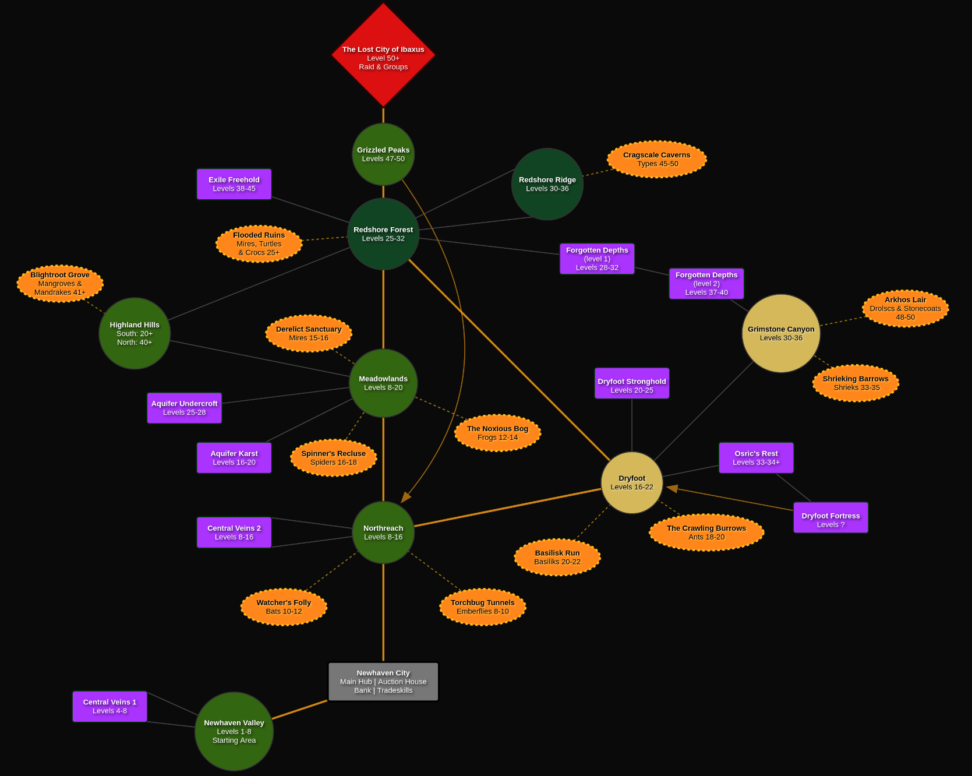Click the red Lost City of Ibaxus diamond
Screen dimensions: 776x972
pos(383,55)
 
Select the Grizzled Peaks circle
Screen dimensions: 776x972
pos(383,154)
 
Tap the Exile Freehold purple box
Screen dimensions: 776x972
pos(234,184)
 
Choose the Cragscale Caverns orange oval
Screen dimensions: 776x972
pos(656,159)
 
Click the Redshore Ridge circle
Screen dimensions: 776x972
pos(547,184)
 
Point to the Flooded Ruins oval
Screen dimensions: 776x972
pos(259,244)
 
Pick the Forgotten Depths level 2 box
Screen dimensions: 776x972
pos(706,284)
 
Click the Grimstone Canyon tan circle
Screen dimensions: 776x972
pos(781,333)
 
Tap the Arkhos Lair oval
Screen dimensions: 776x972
pos(905,308)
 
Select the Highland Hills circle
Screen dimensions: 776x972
pos(135,333)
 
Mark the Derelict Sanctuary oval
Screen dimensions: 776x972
pos(309,333)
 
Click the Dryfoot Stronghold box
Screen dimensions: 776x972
pos(632,383)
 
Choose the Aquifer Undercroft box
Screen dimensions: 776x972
pos(185,408)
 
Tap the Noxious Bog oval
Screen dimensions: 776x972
pos(497,433)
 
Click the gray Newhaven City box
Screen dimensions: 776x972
pos(383,682)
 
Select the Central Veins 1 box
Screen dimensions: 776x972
pos(109,707)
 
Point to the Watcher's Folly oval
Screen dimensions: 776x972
pos(284,607)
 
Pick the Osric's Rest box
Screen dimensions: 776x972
pos(756,458)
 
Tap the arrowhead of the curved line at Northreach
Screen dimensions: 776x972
pos(405,497)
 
